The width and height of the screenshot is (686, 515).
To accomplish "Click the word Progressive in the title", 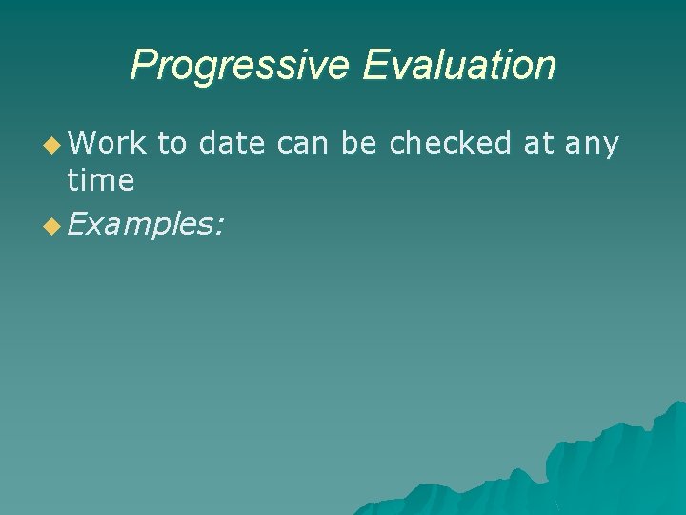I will click(242, 66).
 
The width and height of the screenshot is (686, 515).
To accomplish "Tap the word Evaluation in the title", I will click(459, 65).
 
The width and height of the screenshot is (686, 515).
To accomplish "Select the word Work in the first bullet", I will click(108, 143).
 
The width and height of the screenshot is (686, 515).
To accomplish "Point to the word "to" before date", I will click(171, 143).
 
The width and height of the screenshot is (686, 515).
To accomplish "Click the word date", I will click(232, 143).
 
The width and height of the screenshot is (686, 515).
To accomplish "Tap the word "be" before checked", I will click(359, 143).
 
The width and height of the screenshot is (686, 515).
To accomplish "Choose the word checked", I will click(452, 143).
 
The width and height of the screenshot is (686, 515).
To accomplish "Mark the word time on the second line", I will click(100, 179).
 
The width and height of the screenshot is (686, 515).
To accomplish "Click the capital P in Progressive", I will click(142, 65).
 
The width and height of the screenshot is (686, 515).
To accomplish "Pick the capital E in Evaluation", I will click(373, 65).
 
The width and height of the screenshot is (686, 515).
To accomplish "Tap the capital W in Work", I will click(82, 143).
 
